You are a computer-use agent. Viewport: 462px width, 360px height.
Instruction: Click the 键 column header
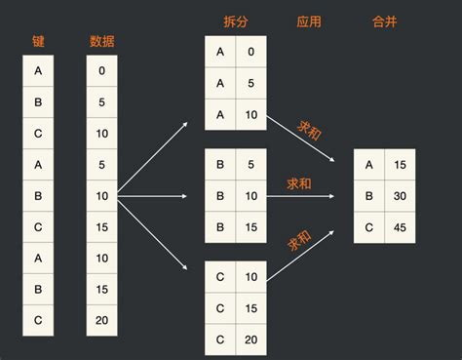pyautogui.click(x=37, y=41)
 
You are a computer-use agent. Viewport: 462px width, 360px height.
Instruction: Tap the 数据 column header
pyautogui.click(x=101, y=41)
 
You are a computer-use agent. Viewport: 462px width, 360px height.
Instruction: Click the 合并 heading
pyautogui.click(x=385, y=20)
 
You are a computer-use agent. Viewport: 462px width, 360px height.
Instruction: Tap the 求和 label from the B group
pyautogui.click(x=299, y=182)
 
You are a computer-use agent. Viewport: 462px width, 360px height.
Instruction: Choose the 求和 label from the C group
pyautogui.click(x=300, y=239)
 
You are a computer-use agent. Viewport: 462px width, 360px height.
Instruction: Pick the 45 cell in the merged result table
pyautogui.click(x=399, y=228)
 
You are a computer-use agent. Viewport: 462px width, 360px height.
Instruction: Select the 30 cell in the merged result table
pyautogui.click(x=399, y=195)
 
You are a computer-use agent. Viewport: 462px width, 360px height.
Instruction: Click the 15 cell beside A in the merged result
pyautogui.click(x=399, y=164)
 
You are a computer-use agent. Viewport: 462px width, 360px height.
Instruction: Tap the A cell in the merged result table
pyautogui.click(x=368, y=164)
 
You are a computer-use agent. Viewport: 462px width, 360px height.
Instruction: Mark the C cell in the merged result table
pyautogui.click(x=368, y=228)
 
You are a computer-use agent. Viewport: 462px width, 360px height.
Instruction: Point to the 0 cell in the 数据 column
pyautogui.click(x=101, y=71)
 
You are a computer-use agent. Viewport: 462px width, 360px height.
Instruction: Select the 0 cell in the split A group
pyautogui.click(x=251, y=52)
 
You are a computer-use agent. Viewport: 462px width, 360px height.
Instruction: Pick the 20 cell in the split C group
pyautogui.click(x=251, y=340)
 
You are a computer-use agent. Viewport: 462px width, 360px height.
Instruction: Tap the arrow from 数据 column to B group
pyautogui.click(x=156, y=196)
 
